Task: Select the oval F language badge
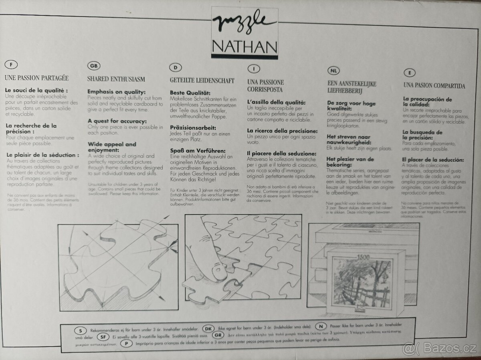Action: [11, 65]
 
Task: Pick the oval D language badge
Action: [176, 67]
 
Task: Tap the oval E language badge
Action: [409, 73]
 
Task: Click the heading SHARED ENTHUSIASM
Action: [116, 79]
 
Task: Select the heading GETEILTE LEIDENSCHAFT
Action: [202, 81]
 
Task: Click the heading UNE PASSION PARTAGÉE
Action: [36, 78]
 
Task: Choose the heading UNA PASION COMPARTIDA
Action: [434, 86]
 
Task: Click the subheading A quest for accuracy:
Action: [117, 121]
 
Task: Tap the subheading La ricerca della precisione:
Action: [282, 131]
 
